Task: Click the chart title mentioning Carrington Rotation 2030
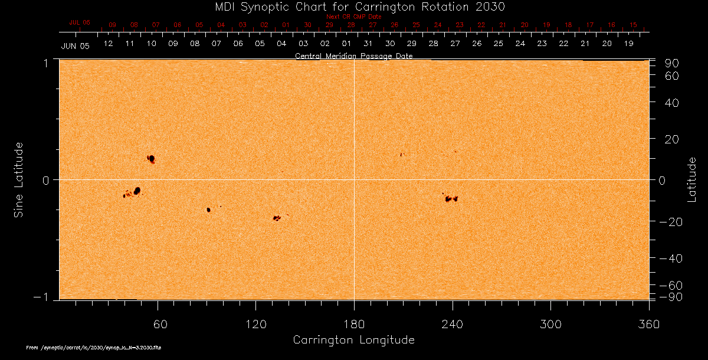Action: click(x=353, y=6)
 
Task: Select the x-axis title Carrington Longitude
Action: click(x=353, y=340)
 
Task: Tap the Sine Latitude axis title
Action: click(x=19, y=179)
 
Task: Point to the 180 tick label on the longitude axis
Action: click(x=354, y=323)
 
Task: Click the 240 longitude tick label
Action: click(x=453, y=323)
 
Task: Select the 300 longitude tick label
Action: click(x=550, y=323)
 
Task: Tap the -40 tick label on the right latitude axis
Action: click(x=670, y=258)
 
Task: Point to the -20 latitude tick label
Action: click(x=670, y=222)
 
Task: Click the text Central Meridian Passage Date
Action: click(x=353, y=56)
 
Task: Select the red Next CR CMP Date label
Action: click(x=353, y=17)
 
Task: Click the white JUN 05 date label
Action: click(x=75, y=46)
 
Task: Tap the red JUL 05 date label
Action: click(x=80, y=22)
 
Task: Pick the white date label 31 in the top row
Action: click(x=368, y=44)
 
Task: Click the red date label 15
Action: click(x=633, y=25)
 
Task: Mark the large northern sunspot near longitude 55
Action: click(x=152, y=159)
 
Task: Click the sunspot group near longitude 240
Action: click(x=451, y=198)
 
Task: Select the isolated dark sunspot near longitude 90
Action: click(x=208, y=210)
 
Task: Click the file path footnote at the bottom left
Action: click(x=94, y=348)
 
